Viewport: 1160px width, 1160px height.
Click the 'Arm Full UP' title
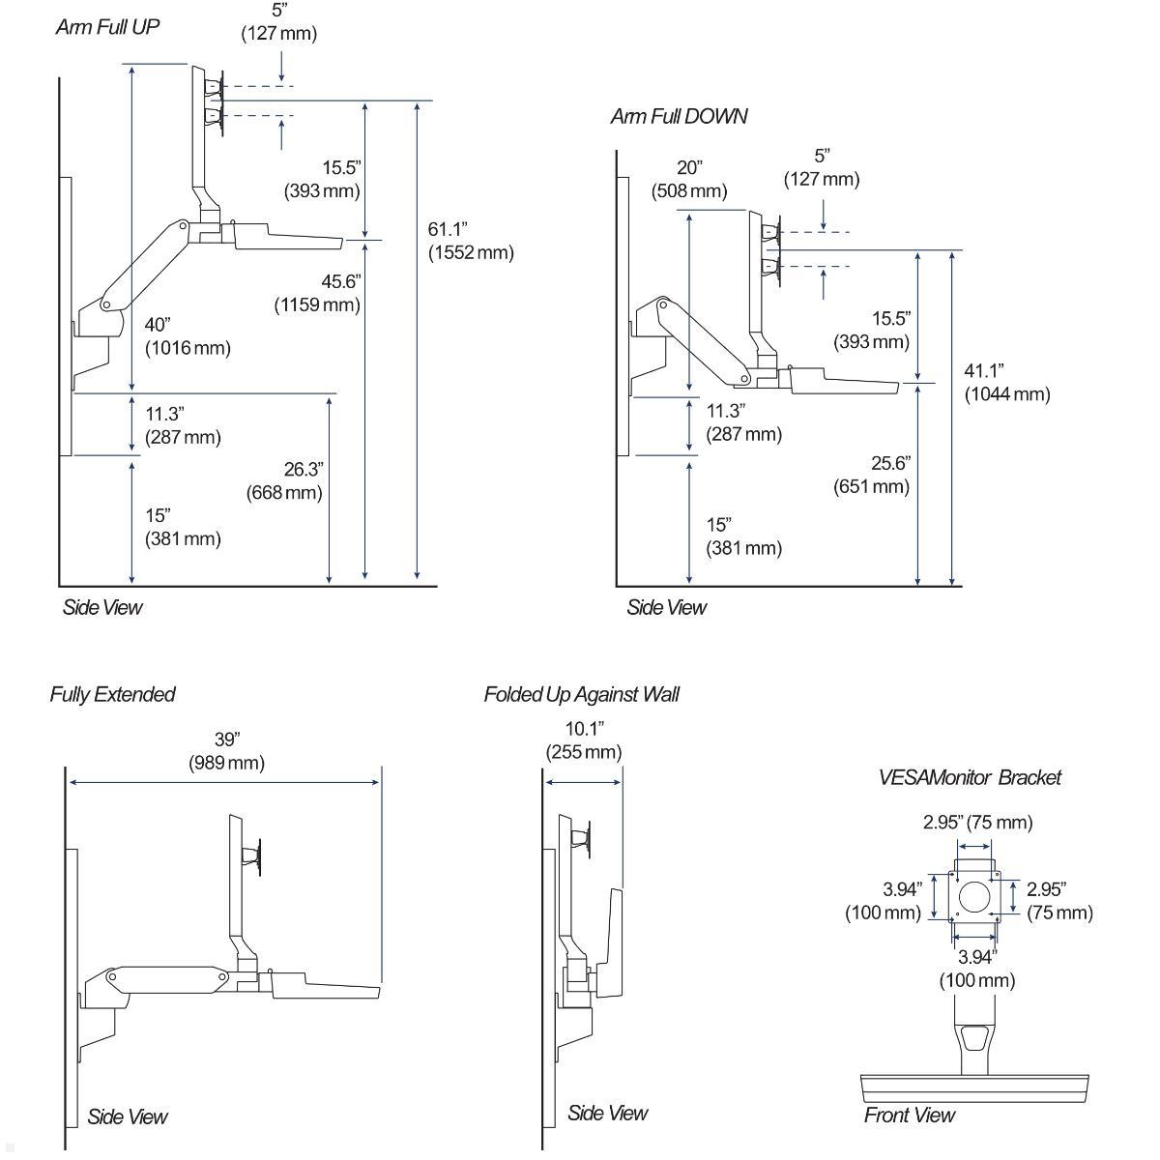[106, 27]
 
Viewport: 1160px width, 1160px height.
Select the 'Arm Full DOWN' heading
[679, 117]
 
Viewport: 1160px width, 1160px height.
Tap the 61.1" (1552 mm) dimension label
[470, 241]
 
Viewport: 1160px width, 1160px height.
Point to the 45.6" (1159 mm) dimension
[317, 293]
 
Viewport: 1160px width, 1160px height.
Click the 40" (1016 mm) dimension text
[188, 335]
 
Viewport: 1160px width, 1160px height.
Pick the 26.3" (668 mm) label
[284, 480]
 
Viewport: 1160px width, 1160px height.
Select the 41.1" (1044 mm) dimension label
[1006, 382]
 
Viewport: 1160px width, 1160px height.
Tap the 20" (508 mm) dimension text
[689, 179]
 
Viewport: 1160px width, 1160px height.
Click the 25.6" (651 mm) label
[872, 475]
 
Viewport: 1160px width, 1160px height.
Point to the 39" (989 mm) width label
[226, 751]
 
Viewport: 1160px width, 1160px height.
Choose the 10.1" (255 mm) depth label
[584, 739]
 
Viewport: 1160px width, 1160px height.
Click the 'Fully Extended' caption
[112, 694]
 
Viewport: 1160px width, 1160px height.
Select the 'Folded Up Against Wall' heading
[581, 694]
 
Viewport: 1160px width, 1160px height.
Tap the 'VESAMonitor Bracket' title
[969, 777]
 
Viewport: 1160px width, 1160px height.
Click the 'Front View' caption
[909, 1115]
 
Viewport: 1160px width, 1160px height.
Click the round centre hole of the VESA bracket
[972, 894]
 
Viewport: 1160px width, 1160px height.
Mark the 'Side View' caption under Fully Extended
[127, 1116]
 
